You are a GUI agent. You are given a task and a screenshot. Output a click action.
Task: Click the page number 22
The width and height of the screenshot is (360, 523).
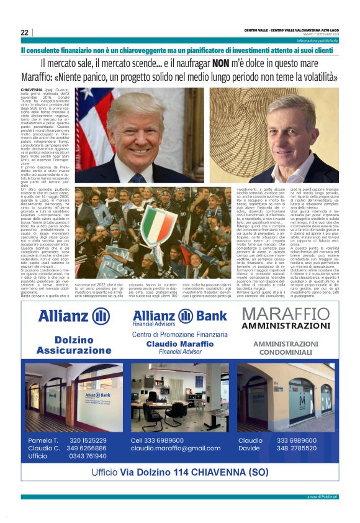[x=24, y=32]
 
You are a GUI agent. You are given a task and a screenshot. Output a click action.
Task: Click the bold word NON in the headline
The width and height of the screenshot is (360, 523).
[x=221, y=63]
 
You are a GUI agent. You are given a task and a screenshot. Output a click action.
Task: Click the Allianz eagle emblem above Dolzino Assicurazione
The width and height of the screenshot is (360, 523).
[x=101, y=316]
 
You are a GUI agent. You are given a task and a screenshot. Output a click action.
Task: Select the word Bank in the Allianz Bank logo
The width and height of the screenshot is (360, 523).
[x=204, y=316]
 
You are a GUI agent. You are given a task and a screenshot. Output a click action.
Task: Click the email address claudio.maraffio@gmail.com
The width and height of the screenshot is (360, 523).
[x=176, y=448]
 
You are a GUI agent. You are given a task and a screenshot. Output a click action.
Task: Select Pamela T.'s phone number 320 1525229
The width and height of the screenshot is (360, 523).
[x=88, y=440]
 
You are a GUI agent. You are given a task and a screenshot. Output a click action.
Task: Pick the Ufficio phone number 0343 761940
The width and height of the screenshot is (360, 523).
[x=87, y=456]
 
